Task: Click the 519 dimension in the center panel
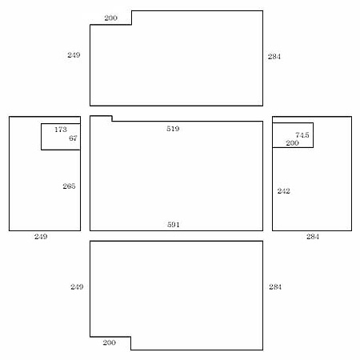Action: pos(173,129)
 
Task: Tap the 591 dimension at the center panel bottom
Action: pos(174,225)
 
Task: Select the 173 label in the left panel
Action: pos(61,130)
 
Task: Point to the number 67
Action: pos(73,138)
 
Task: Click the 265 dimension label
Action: pos(69,186)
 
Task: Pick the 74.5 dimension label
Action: pos(302,135)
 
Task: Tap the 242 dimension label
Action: pos(283,191)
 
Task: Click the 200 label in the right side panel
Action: pos(292,143)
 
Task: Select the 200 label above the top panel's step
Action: pos(110,18)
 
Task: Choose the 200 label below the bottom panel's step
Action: pos(110,342)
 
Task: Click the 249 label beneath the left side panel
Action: pos(41,237)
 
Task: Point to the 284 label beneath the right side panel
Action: pos(313,237)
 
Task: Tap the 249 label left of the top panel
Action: pos(74,55)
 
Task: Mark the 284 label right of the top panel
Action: pos(274,57)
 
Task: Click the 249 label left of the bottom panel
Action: pos(77,287)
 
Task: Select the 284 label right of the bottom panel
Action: pos(275,287)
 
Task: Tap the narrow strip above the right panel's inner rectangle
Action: pos(312,120)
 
